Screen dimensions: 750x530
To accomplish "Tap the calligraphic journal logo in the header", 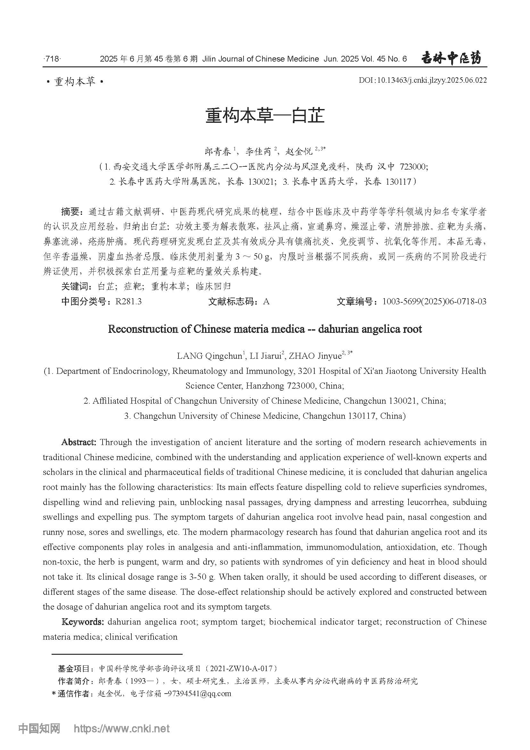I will click(451, 58).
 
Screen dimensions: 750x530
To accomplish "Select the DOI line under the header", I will click(423, 80).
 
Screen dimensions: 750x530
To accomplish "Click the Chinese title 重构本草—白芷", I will click(265, 116).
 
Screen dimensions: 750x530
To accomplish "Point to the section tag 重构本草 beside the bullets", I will click(75, 82).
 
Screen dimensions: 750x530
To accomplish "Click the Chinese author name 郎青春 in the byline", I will click(218, 152).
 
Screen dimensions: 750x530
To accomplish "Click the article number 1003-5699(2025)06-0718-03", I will click(434, 301).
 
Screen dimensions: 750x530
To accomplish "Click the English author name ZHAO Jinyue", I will click(315, 356).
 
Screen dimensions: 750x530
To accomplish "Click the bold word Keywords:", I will click(83, 622).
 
